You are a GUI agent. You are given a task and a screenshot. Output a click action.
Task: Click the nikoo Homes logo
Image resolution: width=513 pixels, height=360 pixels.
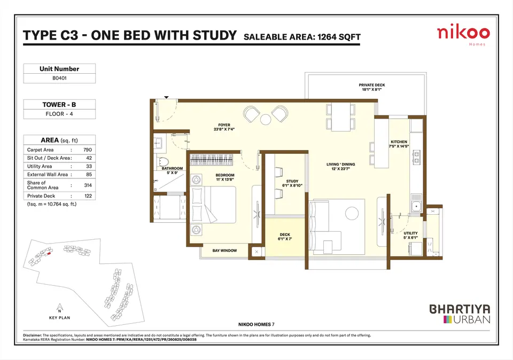pos(463,36)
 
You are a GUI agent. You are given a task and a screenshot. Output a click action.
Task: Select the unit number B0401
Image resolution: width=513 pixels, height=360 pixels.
pos(59,78)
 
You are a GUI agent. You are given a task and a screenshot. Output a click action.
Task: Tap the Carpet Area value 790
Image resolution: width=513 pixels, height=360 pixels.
pos(87,150)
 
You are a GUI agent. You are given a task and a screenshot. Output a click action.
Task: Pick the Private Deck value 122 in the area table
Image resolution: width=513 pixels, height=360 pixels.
pos(88,196)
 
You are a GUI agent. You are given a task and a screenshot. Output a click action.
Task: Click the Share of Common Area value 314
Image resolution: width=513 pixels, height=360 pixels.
pos(88,185)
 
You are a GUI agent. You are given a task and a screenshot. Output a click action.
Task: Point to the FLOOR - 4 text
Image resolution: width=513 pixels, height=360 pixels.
pos(59,114)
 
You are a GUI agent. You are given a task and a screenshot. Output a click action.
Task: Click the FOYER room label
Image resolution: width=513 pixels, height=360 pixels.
pos(224,125)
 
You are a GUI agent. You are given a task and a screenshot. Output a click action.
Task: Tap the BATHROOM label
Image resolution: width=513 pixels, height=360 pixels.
pos(172,168)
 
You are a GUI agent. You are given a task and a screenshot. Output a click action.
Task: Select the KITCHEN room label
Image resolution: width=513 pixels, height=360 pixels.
pos(399,142)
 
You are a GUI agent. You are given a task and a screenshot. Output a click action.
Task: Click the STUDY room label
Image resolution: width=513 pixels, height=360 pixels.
pos(292,181)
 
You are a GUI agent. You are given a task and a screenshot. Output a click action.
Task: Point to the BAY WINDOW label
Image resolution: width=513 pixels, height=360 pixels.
pos(224,251)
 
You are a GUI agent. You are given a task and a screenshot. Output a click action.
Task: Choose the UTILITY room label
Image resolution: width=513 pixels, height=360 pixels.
pos(410,233)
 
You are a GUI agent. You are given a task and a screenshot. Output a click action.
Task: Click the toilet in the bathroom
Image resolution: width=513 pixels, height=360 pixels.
pos(162,162)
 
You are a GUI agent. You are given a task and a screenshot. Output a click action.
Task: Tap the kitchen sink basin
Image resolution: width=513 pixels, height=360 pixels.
pos(416,206)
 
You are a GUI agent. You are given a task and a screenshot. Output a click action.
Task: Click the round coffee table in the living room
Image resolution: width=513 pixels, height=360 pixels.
pos(352,214)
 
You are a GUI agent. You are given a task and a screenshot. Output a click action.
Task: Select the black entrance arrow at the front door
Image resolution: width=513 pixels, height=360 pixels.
pos(166,97)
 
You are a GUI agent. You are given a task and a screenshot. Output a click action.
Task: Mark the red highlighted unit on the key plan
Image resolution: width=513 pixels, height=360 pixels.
pos(49,253)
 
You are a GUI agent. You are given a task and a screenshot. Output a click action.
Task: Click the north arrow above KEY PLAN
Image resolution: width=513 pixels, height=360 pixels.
pos(59,308)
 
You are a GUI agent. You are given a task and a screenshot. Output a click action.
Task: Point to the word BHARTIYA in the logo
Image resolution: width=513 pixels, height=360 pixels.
pos(460,309)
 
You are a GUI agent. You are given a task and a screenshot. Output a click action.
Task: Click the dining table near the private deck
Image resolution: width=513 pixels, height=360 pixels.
pos(340,117)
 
